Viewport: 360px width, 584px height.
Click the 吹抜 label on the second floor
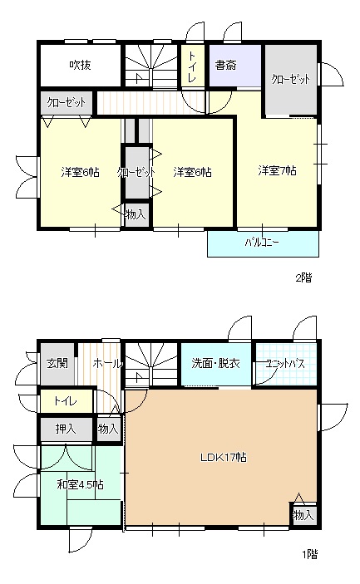80,64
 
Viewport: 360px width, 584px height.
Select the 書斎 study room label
224,64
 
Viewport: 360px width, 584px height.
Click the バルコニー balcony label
262,243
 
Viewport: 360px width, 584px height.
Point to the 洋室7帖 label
277,171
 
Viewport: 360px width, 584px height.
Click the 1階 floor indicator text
308,553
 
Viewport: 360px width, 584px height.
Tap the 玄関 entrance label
57,363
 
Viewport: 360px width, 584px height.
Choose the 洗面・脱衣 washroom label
215,363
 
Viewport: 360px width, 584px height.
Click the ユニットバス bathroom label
284,363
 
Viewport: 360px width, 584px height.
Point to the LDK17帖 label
221,458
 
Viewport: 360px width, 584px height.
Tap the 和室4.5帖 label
80,484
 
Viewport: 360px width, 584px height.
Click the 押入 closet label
65,429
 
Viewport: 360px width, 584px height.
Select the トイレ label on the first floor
66,400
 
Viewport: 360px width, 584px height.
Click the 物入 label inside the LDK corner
303,515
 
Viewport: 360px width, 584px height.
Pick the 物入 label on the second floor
135,214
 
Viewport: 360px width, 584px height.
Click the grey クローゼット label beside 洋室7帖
291,79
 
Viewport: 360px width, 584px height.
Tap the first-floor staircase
150,364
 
